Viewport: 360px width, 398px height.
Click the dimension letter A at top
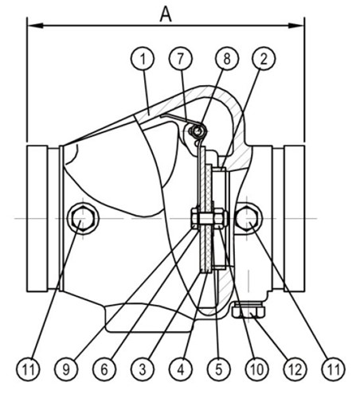[x=166, y=14]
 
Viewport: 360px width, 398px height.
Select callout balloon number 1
[x=143, y=59]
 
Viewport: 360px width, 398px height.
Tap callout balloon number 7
[x=181, y=59]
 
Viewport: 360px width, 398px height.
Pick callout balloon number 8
[x=227, y=59]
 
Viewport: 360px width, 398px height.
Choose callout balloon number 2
[x=264, y=59]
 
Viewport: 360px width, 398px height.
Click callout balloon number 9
[x=66, y=369]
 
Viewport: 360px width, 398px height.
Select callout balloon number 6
[x=104, y=369]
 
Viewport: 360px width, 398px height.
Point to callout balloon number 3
[x=143, y=369]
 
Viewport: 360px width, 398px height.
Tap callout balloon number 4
[x=181, y=369]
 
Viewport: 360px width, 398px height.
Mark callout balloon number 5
[x=219, y=369]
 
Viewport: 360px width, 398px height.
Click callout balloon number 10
[x=257, y=369]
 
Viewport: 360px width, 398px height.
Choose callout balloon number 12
[x=295, y=369]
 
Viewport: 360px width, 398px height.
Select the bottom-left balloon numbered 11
[x=28, y=369]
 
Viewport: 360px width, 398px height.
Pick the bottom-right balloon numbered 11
[x=333, y=369]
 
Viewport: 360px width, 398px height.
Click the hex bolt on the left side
[x=83, y=218]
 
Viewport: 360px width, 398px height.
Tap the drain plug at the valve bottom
[x=248, y=310]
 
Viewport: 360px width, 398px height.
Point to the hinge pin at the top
[x=198, y=131]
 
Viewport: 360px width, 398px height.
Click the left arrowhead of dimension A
[x=35, y=25]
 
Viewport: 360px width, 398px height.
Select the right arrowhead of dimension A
[x=296, y=25]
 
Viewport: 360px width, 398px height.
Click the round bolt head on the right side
[x=247, y=218]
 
